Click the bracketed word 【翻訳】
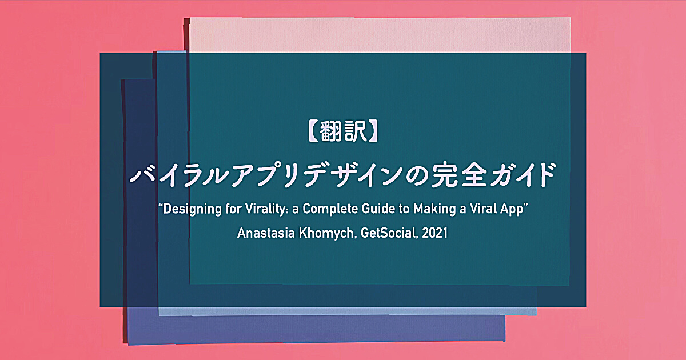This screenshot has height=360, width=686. point(343,131)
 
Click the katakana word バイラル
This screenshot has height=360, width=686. point(179,175)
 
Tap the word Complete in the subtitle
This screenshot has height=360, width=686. point(330,209)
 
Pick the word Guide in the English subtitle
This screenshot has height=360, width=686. point(378,209)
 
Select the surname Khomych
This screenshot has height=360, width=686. point(328,234)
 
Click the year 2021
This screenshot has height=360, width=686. point(434,233)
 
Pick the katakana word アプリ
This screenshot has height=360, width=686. point(266,175)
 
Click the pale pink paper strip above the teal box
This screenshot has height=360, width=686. point(380,35)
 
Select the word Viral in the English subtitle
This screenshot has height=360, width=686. point(483,209)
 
